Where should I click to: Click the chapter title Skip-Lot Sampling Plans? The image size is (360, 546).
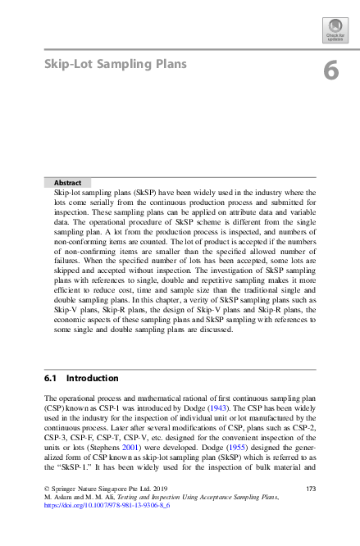pyautogui.click(x=115, y=64)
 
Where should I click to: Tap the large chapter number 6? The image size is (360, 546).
pyautogui.click(x=330, y=71)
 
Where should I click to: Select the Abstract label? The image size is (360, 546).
pyautogui.click(x=67, y=183)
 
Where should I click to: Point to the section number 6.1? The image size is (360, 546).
pyautogui.click(x=51, y=379)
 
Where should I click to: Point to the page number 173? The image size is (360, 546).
pyautogui.click(x=310, y=489)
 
